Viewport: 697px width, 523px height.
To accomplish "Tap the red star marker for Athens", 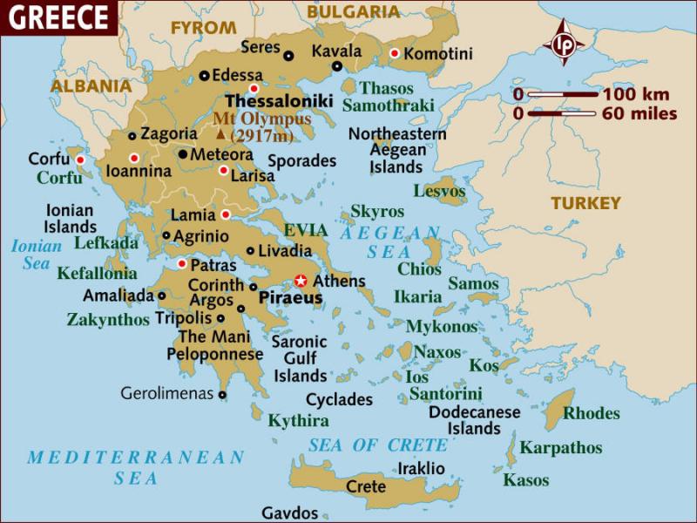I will (x=301, y=281).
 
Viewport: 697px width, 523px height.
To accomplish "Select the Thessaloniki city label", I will (x=279, y=101).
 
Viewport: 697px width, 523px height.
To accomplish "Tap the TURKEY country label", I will (x=585, y=203).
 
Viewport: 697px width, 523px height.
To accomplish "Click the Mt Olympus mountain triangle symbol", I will (x=220, y=134).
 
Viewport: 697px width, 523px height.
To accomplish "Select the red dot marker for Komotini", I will (x=394, y=54).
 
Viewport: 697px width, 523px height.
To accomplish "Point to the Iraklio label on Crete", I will (x=421, y=468).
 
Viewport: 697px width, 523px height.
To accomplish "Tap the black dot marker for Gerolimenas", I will (x=222, y=394).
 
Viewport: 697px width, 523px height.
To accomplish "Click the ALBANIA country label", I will (x=91, y=86).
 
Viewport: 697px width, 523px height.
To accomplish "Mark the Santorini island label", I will (x=445, y=394).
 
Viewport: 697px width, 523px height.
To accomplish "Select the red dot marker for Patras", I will (x=182, y=263).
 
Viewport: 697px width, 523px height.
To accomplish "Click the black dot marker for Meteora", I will (x=182, y=154).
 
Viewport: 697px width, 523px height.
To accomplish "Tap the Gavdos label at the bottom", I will (x=290, y=513).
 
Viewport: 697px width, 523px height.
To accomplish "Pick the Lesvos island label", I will (x=439, y=191).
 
